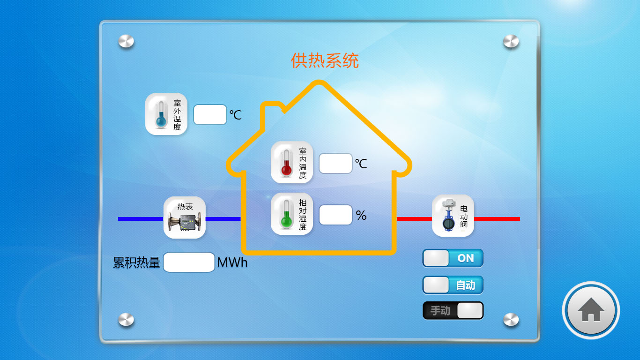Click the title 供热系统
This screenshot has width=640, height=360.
coord(325,60)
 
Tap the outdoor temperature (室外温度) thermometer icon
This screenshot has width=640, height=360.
coord(166,114)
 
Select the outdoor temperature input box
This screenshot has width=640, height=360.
coord(210,114)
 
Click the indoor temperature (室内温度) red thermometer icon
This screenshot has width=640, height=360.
coord(292,162)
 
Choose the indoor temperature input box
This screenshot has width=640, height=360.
coord(335,163)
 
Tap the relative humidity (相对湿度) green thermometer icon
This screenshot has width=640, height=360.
coord(292,214)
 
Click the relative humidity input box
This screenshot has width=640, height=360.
coord(335,215)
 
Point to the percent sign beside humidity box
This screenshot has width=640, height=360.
coord(361,215)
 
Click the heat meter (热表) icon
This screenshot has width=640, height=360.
coord(185,217)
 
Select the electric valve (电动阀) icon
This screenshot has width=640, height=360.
coord(453,216)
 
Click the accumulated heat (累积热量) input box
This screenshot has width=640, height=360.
coord(189,262)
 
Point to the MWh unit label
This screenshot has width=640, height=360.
coord(232,262)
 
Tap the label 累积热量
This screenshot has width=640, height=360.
coord(137,263)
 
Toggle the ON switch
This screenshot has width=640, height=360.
coord(453,258)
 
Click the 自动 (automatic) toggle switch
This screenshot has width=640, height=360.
coord(453,285)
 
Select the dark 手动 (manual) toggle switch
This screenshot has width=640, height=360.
coord(453,311)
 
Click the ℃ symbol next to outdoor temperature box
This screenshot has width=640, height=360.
coord(235,115)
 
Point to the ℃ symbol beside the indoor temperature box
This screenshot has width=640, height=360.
coord(361,164)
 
